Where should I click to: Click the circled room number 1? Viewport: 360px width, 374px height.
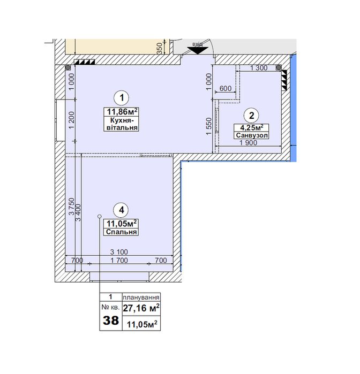tap(122, 98)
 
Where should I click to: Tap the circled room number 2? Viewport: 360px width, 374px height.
tap(251, 116)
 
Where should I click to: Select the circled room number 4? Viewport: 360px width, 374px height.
tap(122, 210)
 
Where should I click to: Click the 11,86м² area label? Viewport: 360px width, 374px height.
tap(122, 111)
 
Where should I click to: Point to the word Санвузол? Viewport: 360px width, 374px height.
tap(252, 135)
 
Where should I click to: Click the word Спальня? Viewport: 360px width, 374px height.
tap(122, 232)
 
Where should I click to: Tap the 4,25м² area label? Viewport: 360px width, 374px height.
tap(252, 127)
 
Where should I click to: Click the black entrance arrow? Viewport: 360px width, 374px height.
tap(198, 50)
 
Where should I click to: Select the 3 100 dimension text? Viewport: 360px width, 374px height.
tap(119, 251)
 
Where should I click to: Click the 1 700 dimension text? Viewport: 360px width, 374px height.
tap(119, 260)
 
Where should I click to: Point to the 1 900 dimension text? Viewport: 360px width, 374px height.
tap(248, 143)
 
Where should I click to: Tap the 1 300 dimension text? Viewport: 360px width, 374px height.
tap(259, 68)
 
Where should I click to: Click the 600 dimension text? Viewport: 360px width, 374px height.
tap(226, 88)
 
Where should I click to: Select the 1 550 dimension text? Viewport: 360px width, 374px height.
tap(208, 126)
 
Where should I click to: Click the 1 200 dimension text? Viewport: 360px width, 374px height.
tap(71, 120)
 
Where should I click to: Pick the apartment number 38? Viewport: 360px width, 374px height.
tap(110, 320)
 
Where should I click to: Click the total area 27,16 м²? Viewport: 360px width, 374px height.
tap(141, 308)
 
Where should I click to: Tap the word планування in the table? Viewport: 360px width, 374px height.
tap(141, 297)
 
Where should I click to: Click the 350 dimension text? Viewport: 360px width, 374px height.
tap(160, 48)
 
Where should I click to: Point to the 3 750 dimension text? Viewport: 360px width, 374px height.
tap(71, 207)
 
